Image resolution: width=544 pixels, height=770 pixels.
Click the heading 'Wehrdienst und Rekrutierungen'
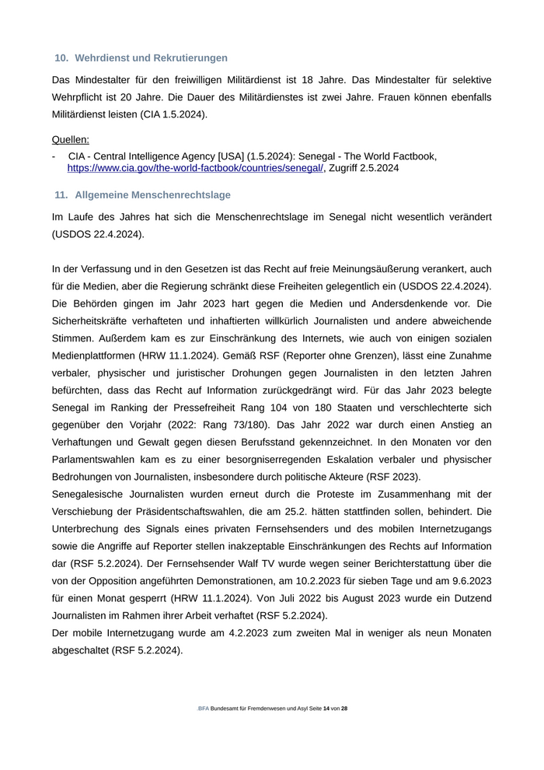151,58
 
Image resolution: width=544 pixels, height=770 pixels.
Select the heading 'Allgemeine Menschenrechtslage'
152,194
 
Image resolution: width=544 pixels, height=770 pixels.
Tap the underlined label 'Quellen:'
71,140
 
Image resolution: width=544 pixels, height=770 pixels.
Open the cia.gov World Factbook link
195,168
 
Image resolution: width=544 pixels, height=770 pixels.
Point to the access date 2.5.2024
376,168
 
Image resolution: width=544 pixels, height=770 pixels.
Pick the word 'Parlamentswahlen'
103,460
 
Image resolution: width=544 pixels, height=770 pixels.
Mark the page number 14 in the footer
326,709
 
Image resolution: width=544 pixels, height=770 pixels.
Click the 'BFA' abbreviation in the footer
203,709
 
